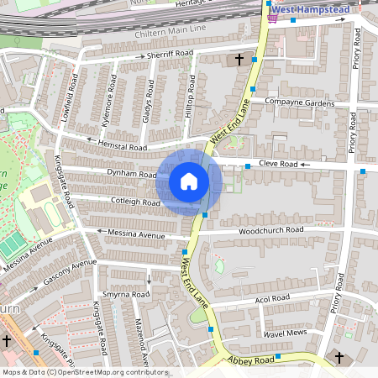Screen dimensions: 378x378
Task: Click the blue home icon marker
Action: coord(189,181)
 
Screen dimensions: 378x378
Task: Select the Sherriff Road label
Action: coord(171,53)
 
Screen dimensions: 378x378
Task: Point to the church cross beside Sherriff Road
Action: coord(239,60)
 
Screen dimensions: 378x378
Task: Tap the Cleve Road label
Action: coord(278,163)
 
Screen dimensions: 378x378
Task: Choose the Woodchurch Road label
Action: coord(270,229)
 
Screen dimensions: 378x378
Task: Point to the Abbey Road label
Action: coord(251,360)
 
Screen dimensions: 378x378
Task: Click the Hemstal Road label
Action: coord(123,145)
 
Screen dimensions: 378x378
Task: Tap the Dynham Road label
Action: coord(132,175)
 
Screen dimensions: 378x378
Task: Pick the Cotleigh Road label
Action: coord(135,202)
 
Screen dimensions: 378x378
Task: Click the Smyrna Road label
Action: coord(126,295)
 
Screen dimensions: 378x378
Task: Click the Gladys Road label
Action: coord(148,102)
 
